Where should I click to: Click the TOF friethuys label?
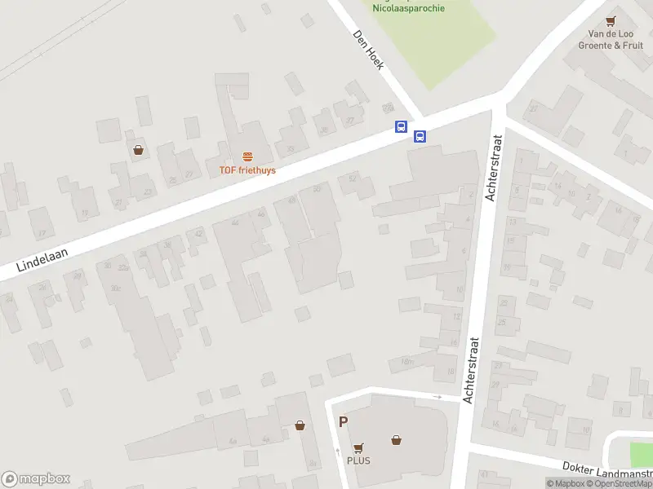(x=247, y=170)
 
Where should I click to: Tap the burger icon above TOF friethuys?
(x=247, y=156)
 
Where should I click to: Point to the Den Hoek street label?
(x=367, y=50)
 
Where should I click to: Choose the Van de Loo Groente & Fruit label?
(x=611, y=40)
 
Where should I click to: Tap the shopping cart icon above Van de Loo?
(x=611, y=22)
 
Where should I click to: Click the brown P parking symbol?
(x=344, y=422)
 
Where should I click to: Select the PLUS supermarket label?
(x=358, y=460)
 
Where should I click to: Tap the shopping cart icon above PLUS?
(x=358, y=447)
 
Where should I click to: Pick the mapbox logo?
(x=35, y=479)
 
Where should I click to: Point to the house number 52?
(x=353, y=178)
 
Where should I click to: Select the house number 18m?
(x=407, y=361)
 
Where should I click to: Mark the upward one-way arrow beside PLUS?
(x=337, y=451)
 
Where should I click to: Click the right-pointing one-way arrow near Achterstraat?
(x=438, y=397)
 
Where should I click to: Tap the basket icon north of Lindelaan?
(x=139, y=150)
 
